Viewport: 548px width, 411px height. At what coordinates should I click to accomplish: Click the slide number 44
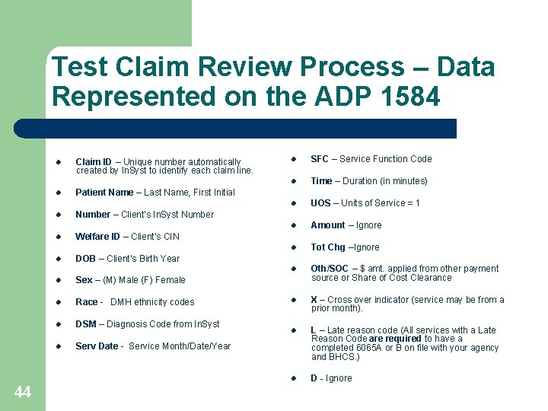tap(23, 392)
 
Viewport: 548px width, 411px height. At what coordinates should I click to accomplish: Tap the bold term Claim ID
tap(94, 162)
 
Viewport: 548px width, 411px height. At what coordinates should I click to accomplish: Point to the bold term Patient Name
tap(104, 193)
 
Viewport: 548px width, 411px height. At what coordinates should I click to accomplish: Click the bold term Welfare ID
tap(97, 237)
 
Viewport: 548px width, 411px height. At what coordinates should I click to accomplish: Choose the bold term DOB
tap(85, 259)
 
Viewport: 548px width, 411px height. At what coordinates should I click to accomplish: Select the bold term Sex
tap(84, 280)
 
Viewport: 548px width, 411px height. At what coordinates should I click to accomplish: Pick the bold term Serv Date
tap(97, 346)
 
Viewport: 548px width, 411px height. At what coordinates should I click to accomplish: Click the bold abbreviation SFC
tap(320, 159)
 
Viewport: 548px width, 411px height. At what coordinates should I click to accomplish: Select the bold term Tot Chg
tap(328, 247)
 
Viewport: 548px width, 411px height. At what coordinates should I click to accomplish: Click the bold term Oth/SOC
tap(330, 269)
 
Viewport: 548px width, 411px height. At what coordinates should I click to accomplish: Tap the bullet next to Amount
tap(291, 225)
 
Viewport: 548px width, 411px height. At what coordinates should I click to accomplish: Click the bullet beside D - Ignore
tap(291, 378)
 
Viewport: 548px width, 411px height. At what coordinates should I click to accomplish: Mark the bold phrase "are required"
tap(394, 339)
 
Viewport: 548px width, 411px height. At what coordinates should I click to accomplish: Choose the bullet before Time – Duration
tap(291, 181)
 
